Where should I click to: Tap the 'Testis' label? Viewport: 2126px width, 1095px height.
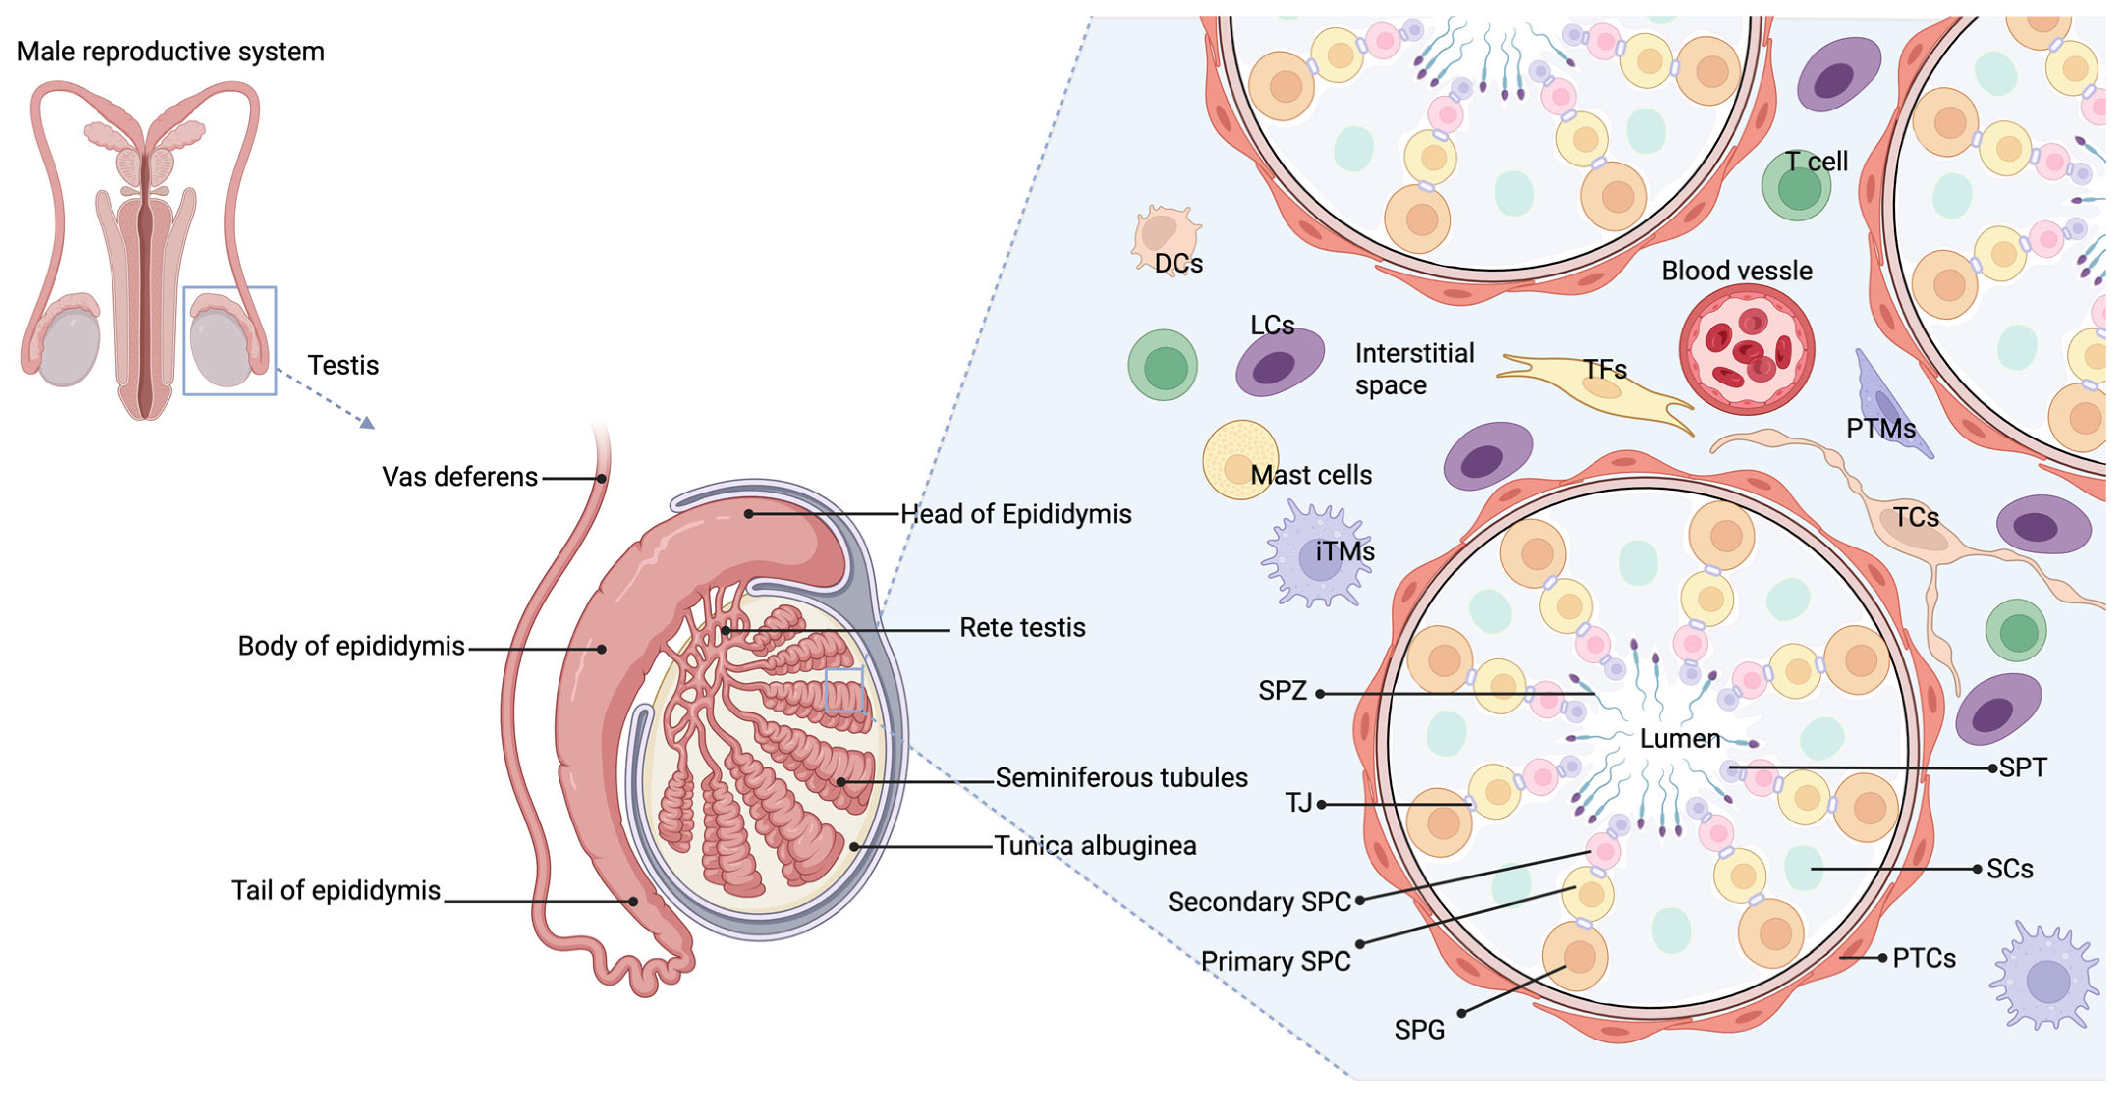click(x=342, y=365)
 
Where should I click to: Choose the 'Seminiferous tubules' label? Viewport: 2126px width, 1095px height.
click(x=1121, y=777)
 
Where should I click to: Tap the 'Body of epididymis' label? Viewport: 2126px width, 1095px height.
click(x=351, y=646)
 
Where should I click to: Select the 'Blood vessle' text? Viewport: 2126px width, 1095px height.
click(x=1736, y=271)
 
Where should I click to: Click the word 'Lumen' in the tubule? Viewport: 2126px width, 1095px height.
click(x=1679, y=739)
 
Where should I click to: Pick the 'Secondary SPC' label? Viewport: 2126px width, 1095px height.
click(x=1259, y=902)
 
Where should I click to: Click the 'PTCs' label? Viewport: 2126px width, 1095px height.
click(x=1924, y=958)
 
